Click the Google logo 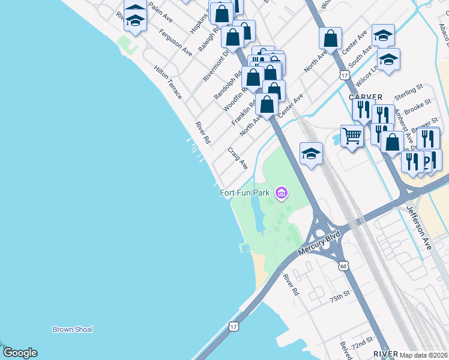point(19,353)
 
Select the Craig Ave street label point(238,158)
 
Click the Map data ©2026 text point(424,355)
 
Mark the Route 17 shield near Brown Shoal point(234,326)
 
